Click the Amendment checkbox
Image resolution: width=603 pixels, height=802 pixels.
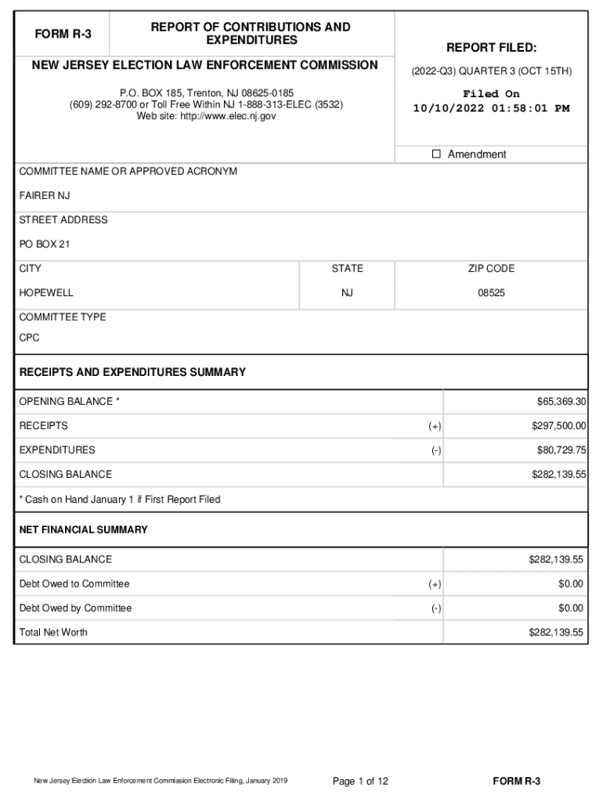click(x=437, y=154)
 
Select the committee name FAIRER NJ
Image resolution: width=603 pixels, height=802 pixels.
click(x=45, y=196)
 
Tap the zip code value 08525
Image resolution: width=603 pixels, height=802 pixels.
click(x=491, y=293)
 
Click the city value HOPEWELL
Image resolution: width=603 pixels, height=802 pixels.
click(x=46, y=293)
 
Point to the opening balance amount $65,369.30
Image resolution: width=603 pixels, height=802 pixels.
click(x=561, y=402)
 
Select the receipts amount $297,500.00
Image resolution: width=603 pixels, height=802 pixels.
click(x=558, y=426)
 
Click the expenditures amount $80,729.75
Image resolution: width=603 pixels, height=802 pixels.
click(x=561, y=450)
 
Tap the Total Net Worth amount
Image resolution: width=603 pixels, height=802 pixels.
click(x=558, y=633)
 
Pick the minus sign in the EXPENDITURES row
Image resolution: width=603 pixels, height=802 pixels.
click(x=435, y=450)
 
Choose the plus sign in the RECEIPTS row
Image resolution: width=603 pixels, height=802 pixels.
click(x=435, y=426)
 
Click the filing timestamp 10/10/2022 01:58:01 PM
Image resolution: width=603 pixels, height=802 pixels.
click(x=491, y=109)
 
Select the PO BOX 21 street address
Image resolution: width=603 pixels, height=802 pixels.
click(x=45, y=244)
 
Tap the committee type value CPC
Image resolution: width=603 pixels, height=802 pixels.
click(x=30, y=338)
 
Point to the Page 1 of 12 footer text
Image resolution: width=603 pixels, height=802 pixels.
click(x=360, y=782)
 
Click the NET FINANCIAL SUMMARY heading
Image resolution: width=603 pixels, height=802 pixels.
click(x=83, y=530)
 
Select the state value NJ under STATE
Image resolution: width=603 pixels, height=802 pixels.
click(x=347, y=293)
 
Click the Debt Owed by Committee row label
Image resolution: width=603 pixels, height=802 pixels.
click(x=75, y=609)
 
